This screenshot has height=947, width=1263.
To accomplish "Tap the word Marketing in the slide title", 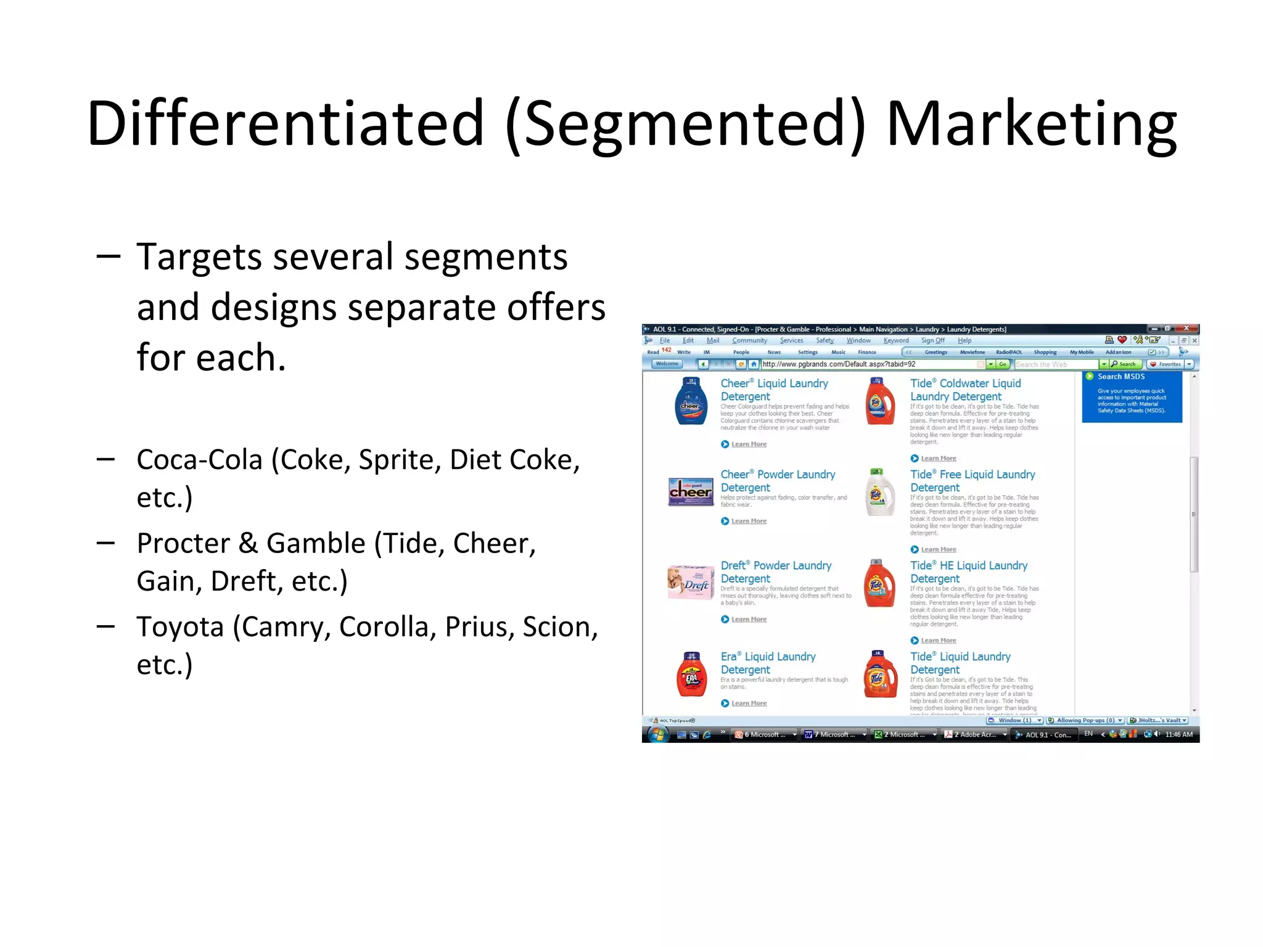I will click(1031, 126).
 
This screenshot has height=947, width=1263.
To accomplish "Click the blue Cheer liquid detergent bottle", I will click(691, 402).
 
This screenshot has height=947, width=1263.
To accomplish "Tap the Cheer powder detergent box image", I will click(691, 492).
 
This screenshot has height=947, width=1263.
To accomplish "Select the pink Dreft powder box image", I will click(690, 582).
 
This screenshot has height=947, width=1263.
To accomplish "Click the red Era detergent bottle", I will click(691, 674).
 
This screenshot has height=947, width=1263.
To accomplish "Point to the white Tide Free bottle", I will click(879, 492).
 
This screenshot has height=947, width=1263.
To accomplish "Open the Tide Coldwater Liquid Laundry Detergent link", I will click(965, 390).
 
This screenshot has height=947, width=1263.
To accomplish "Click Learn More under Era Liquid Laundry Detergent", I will click(749, 703).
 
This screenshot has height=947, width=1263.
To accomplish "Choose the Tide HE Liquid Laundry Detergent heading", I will click(968, 572).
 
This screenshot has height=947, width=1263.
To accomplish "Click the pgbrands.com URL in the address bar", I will click(839, 364).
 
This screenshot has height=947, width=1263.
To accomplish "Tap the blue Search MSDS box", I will click(1132, 397).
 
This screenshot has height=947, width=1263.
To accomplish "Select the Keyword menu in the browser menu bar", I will click(895, 340).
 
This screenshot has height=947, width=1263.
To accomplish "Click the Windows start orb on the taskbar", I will click(658, 734).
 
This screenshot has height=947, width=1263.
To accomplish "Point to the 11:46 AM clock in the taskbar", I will click(1179, 734).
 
